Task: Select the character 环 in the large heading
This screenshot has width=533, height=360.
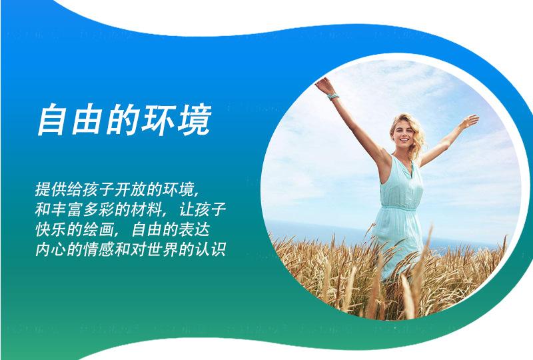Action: click(159, 119)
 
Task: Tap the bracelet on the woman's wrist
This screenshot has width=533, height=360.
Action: click(333, 96)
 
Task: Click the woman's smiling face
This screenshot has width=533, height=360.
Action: click(403, 133)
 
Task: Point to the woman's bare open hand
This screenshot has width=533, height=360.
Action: click(470, 121)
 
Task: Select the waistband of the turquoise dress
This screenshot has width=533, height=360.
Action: click(398, 207)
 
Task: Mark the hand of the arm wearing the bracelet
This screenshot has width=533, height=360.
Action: click(324, 85)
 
